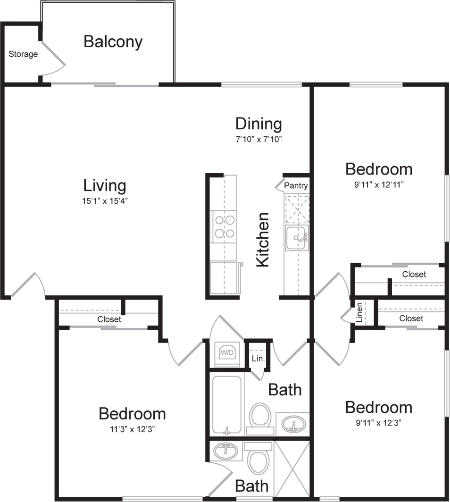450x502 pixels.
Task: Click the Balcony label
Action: [x=113, y=42]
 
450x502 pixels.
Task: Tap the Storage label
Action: [x=23, y=54]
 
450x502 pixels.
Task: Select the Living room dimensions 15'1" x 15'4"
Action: [x=105, y=201]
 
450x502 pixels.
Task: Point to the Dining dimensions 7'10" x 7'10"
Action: [x=258, y=139]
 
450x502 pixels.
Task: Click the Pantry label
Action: [x=296, y=185]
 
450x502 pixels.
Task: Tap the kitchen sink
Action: [x=297, y=237]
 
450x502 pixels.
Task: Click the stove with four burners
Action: [x=224, y=226]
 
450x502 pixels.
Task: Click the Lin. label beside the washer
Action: [x=258, y=359]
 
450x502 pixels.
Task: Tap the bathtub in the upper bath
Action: [x=226, y=404]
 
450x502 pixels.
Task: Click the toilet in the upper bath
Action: [x=259, y=417]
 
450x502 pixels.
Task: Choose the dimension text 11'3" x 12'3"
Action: [x=132, y=429]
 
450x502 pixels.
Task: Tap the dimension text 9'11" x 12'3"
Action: [x=378, y=423]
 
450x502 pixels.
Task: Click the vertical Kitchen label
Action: [x=263, y=240]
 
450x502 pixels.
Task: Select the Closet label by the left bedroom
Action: [x=109, y=319]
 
